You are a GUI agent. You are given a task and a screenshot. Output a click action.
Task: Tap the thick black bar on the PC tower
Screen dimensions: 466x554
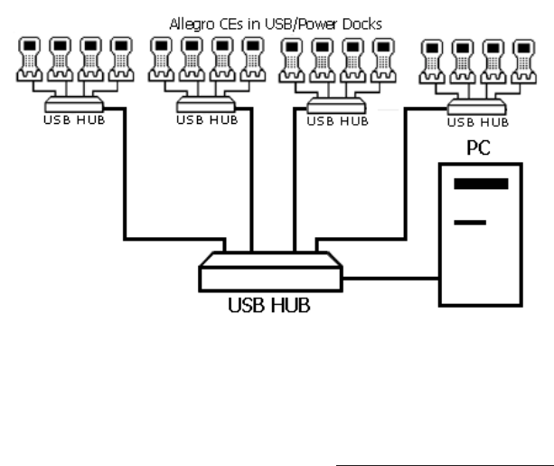pyautogui.click(x=480, y=184)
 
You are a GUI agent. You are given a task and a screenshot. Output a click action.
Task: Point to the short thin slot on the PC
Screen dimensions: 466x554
pyautogui.click(x=471, y=221)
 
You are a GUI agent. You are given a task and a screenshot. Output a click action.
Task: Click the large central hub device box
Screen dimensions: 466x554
pyautogui.click(x=271, y=270)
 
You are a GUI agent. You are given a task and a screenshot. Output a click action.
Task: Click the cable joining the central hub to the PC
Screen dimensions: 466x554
pyautogui.click(x=389, y=277)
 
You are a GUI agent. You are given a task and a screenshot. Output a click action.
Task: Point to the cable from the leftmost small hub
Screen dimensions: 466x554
pyautogui.click(x=123, y=181)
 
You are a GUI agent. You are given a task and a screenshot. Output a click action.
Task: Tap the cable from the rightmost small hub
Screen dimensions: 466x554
pyautogui.click(x=406, y=181)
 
